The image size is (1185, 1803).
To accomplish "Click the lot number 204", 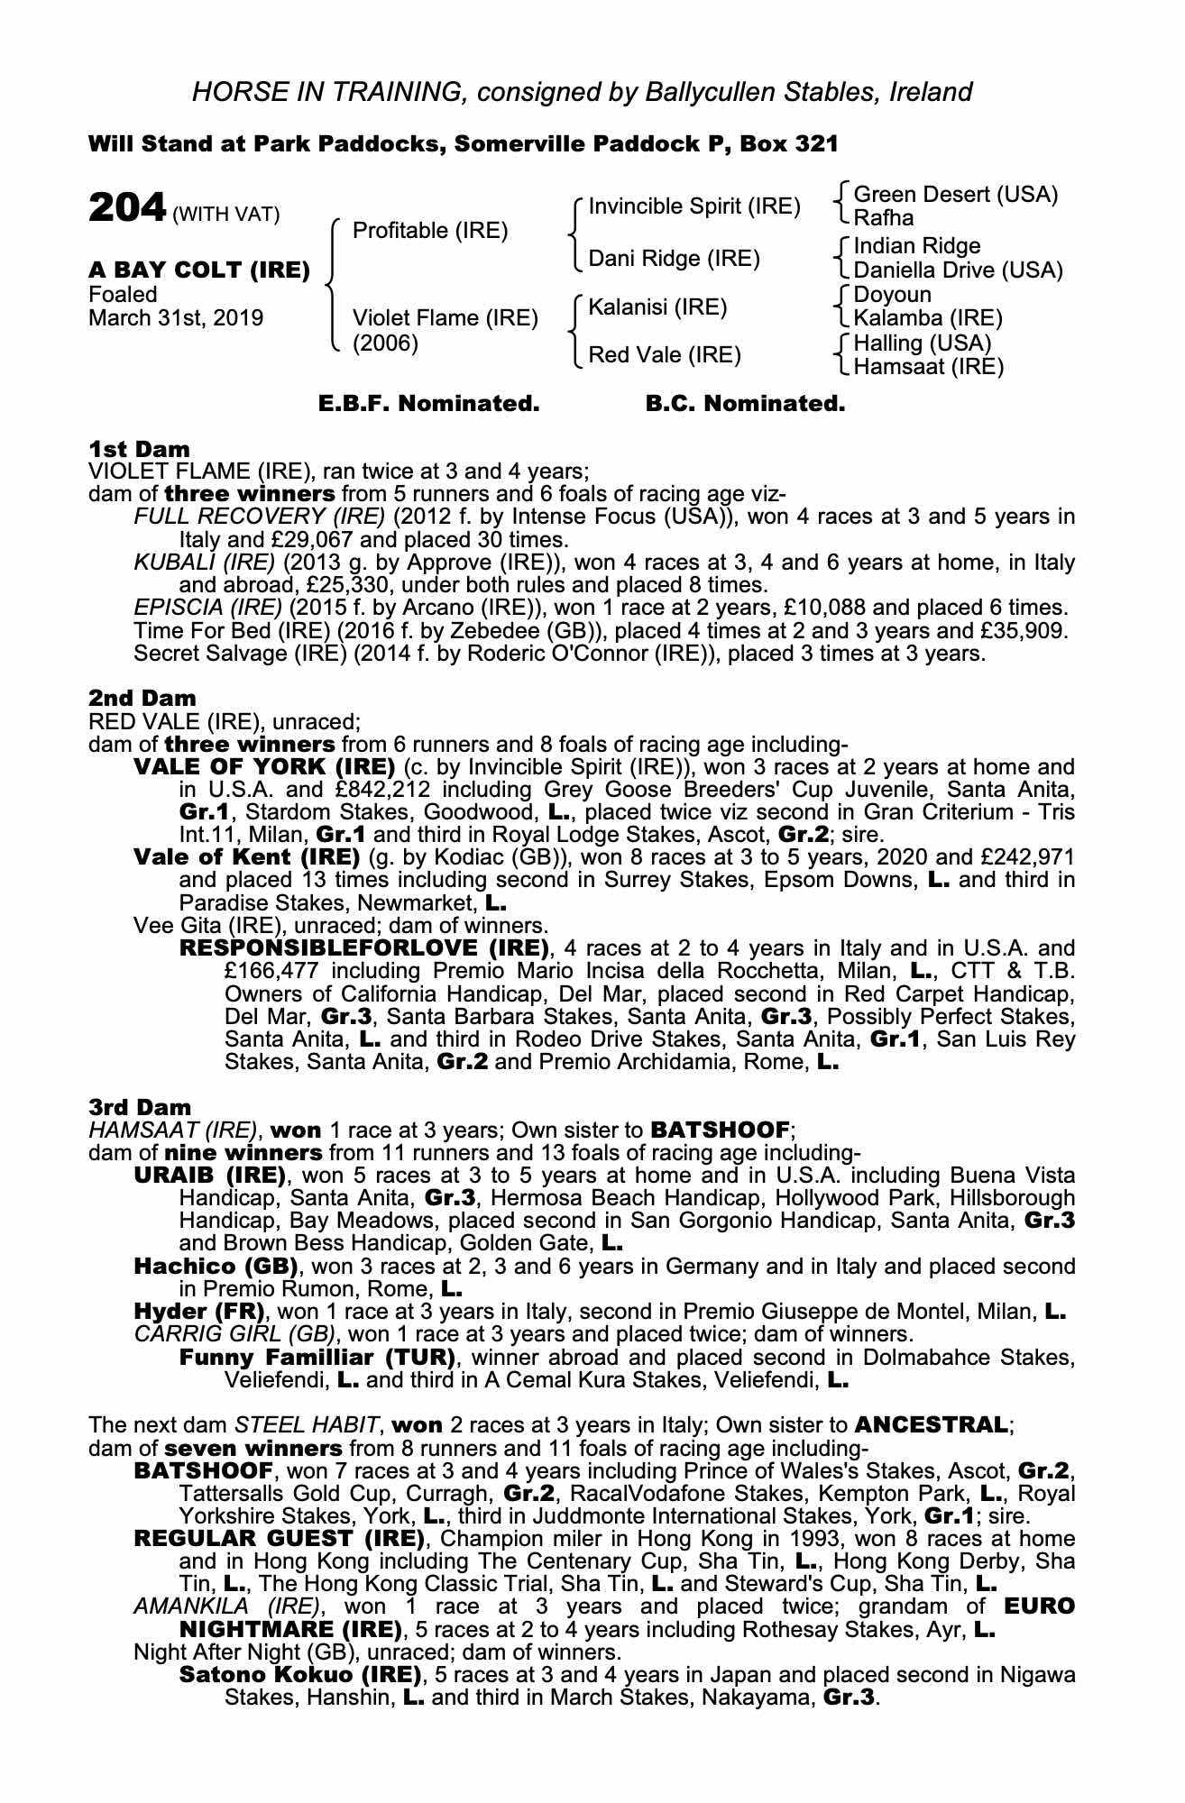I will pos(127,208).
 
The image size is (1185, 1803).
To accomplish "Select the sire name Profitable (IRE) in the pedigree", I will pos(430,231).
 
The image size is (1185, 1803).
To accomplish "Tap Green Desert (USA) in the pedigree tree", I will pos(955,195).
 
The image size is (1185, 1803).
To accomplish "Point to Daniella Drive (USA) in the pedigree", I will pos(958,270).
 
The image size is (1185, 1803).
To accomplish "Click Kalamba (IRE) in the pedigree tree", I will pos(928,318).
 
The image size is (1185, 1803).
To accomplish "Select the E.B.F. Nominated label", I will pos(428,404).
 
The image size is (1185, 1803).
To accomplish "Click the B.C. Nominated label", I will pos(745,404).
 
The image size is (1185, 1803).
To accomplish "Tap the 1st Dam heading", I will pos(140,449).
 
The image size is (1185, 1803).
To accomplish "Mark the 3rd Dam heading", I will pos(140,1107).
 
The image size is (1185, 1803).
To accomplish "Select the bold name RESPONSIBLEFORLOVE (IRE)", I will pos(364,948).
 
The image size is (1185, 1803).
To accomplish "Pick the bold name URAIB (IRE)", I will pos(209,1176).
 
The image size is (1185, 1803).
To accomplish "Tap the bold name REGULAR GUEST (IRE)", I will pos(279,1539).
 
